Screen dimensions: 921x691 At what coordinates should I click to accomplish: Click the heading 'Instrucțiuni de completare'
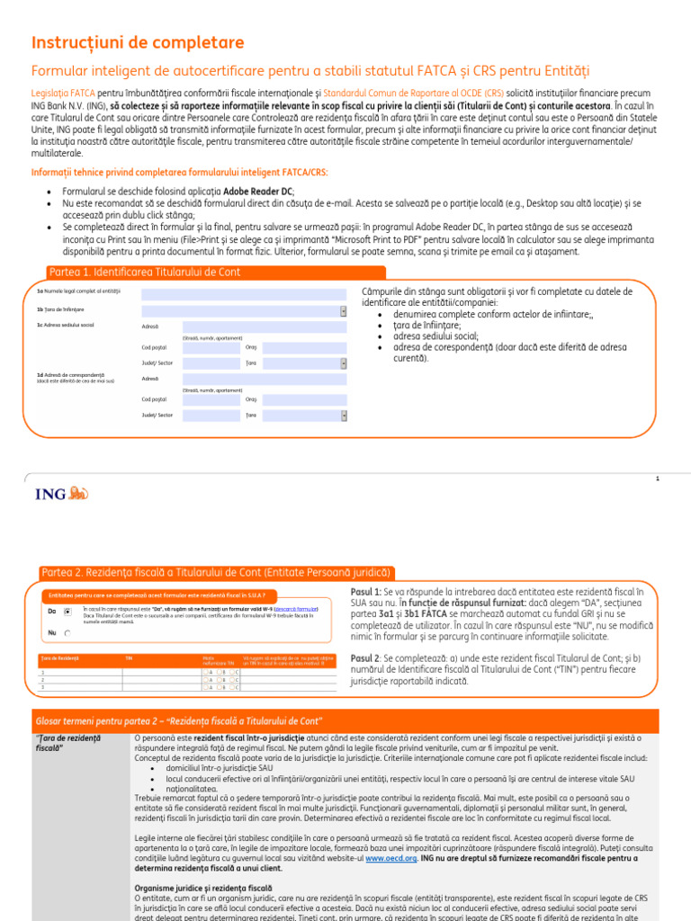(x=138, y=42)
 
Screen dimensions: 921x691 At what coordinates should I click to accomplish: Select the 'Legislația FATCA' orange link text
(x=62, y=93)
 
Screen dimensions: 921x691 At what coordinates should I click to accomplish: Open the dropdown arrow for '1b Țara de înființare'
(x=343, y=311)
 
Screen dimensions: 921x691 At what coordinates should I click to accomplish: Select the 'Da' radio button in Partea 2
(x=67, y=612)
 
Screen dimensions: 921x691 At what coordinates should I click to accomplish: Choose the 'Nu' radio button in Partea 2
(x=67, y=633)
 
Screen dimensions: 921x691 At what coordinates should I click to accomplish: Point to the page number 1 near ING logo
(x=658, y=478)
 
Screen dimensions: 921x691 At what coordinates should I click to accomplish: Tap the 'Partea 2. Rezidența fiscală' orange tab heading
(x=216, y=572)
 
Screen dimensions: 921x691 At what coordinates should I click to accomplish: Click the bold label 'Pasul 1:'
(x=365, y=592)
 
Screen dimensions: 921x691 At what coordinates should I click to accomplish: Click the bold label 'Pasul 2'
(x=364, y=658)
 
